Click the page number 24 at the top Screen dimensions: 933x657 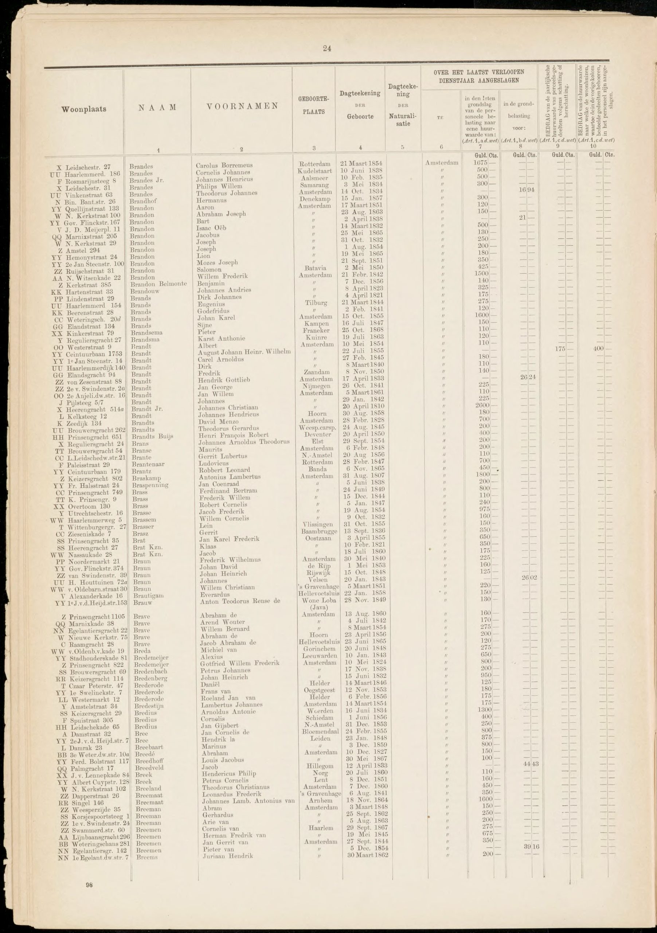pyautogui.click(x=328, y=49)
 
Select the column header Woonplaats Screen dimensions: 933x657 pyautogui.click(x=84, y=109)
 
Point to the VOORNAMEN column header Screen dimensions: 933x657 pyautogui.click(x=242, y=106)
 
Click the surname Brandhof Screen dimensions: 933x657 pyautogui.click(x=143, y=201)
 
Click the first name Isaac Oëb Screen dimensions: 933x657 pyautogui.click(x=211, y=228)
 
